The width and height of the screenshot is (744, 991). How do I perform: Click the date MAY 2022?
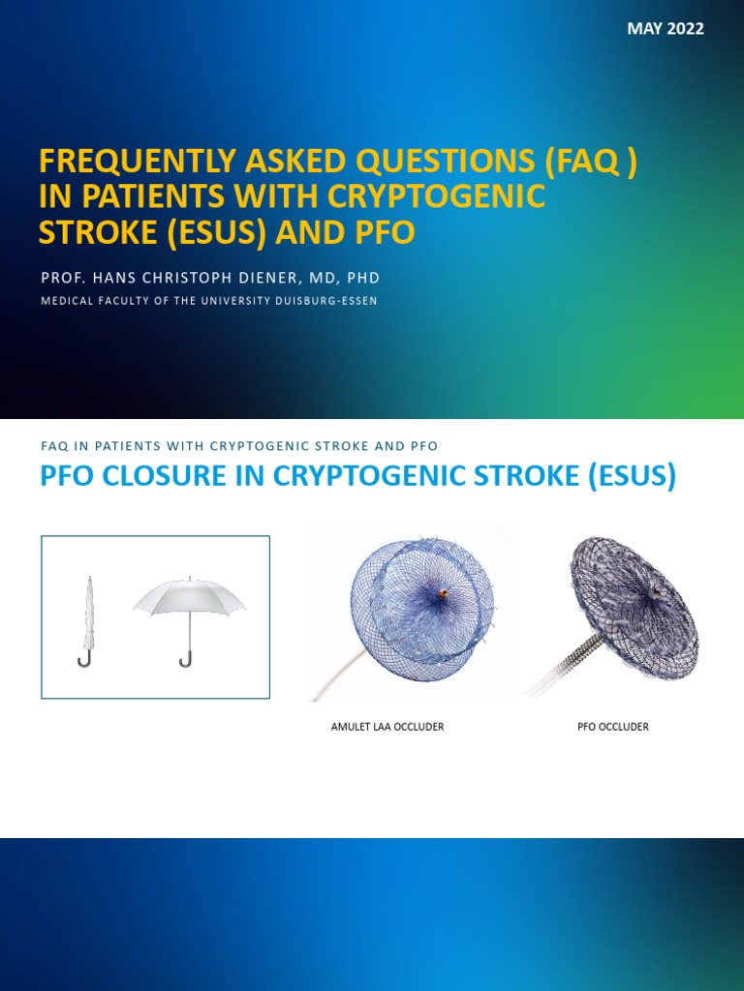click(x=665, y=29)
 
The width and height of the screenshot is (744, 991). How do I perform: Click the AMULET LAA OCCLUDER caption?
click(x=387, y=727)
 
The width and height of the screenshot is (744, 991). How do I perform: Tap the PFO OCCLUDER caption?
click(x=612, y=727)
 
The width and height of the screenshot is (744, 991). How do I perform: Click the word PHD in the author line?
click(x=363, y=278)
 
